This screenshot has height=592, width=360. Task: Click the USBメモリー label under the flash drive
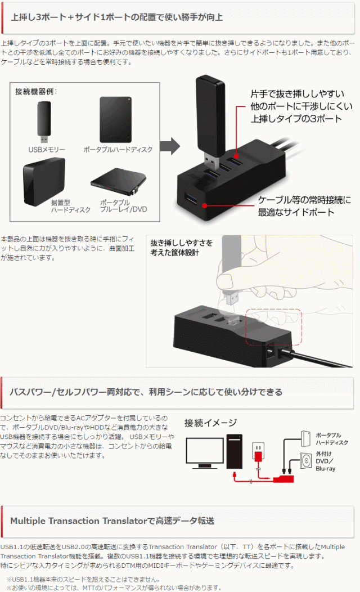point(47,150)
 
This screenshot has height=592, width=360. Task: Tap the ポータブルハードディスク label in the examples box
point(118,150)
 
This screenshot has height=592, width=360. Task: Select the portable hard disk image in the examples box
point(115,119)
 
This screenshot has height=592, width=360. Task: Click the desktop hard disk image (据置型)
point(44,182)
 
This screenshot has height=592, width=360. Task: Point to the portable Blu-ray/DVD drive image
point(118,180)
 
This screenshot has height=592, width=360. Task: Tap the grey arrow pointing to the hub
point(170,146)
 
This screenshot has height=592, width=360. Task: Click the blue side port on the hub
point(191,199)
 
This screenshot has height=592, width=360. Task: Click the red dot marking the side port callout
point(205,206)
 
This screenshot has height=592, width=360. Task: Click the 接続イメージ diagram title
point(210,423)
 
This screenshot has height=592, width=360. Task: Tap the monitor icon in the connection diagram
point(205,452)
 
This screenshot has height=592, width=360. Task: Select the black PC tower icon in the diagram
point(235,451)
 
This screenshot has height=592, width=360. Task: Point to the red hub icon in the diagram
point(283,479)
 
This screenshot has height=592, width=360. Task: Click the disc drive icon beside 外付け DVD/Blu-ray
point(306,461)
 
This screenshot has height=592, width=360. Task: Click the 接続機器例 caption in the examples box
point(36,91)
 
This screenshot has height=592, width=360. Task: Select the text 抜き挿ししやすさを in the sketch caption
point(182,243)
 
